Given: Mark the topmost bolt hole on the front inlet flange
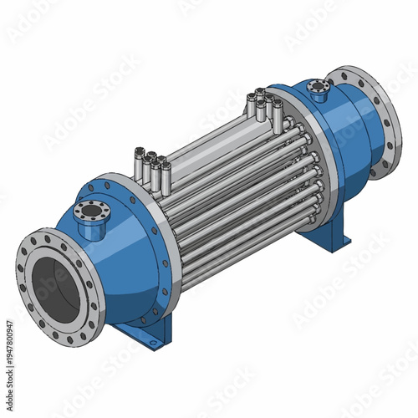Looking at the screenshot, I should click(x=48, y=237).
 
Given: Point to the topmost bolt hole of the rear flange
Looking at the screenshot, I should click(x=342, y=74).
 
